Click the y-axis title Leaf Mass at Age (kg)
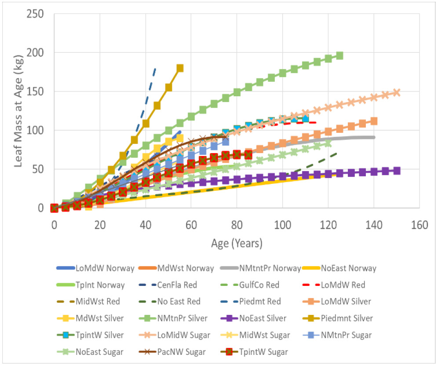tap(19, 110)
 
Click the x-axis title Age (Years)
tap(237, 243)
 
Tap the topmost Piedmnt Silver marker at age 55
tap(180, 68)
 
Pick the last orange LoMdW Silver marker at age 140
tap(374, 121)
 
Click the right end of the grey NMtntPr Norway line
tap(374, 137)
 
